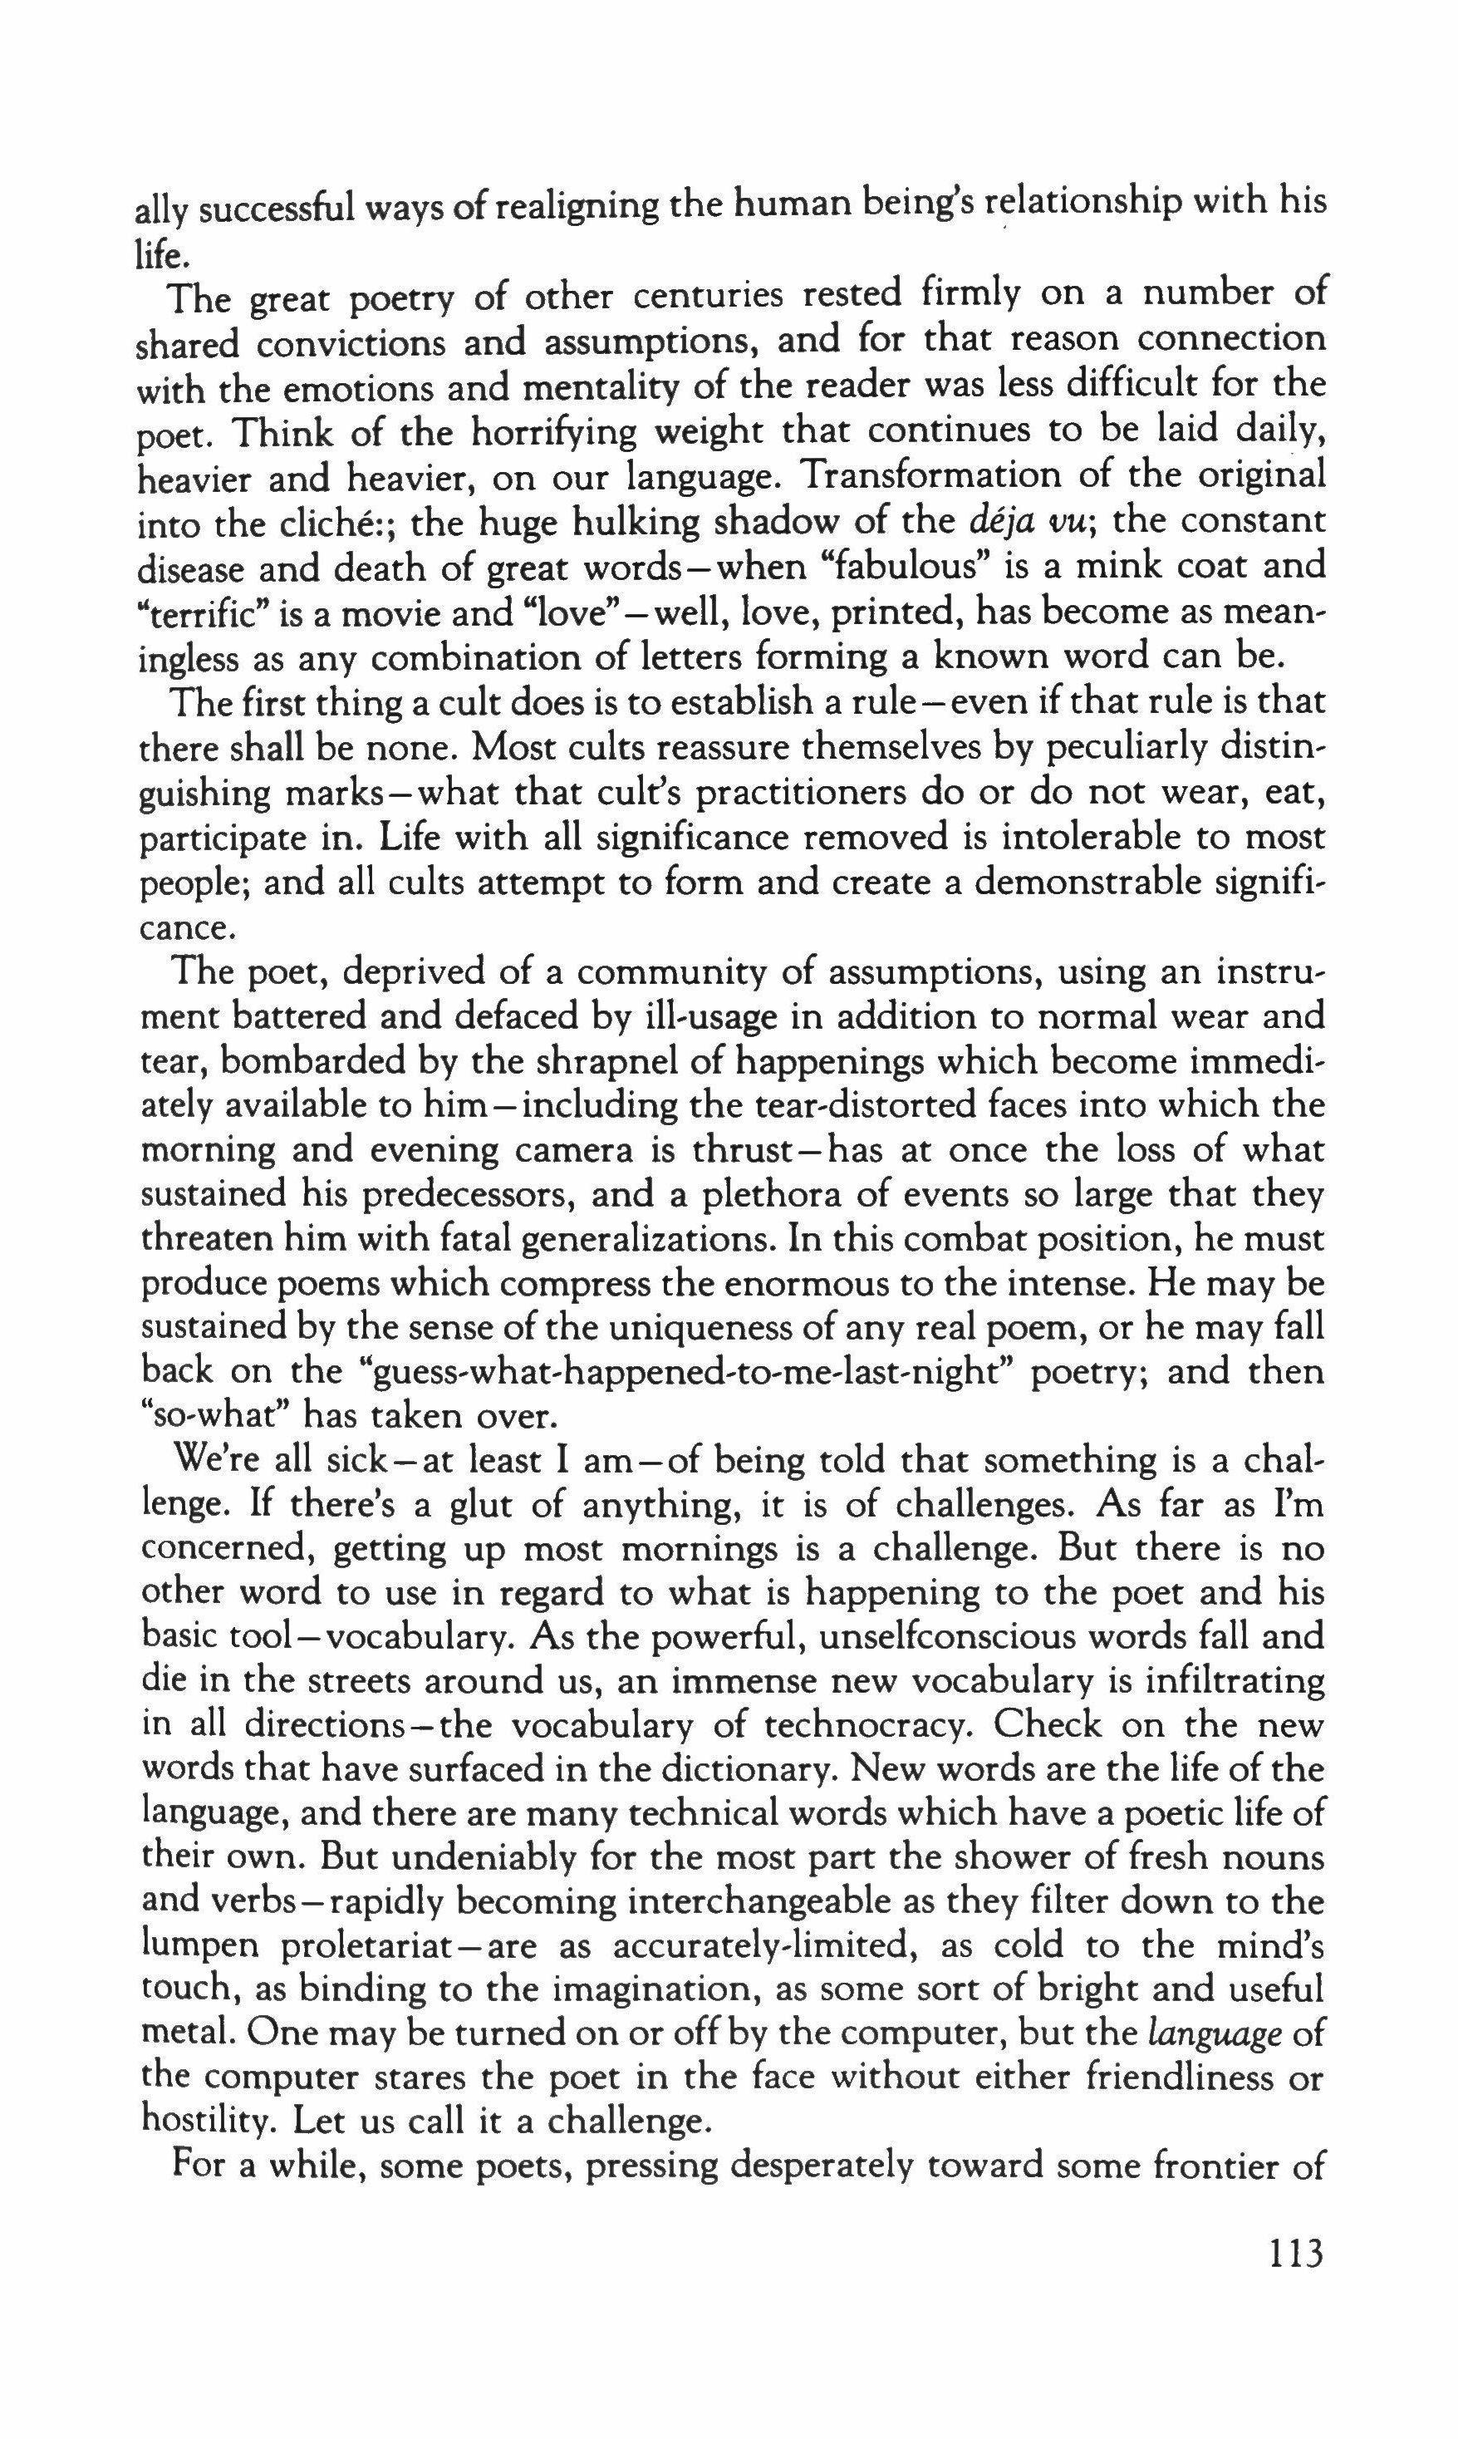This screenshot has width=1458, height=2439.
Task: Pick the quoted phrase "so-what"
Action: [x=212, y=1416]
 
